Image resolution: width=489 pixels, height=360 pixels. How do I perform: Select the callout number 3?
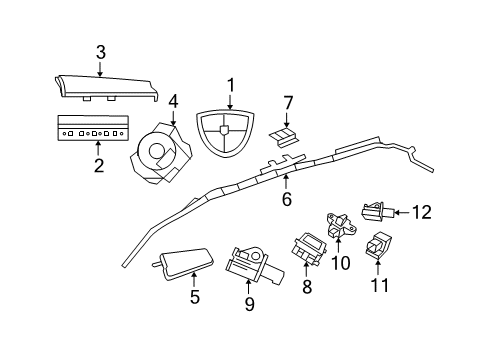point(100,52)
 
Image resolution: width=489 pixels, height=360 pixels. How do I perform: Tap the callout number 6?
point(286,199)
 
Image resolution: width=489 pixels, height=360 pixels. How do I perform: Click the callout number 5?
point(195,296)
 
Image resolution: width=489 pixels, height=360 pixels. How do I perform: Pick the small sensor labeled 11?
point(379,243)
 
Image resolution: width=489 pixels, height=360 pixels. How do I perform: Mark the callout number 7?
point(288,102)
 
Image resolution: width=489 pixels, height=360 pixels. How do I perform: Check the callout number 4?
point(173,100)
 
